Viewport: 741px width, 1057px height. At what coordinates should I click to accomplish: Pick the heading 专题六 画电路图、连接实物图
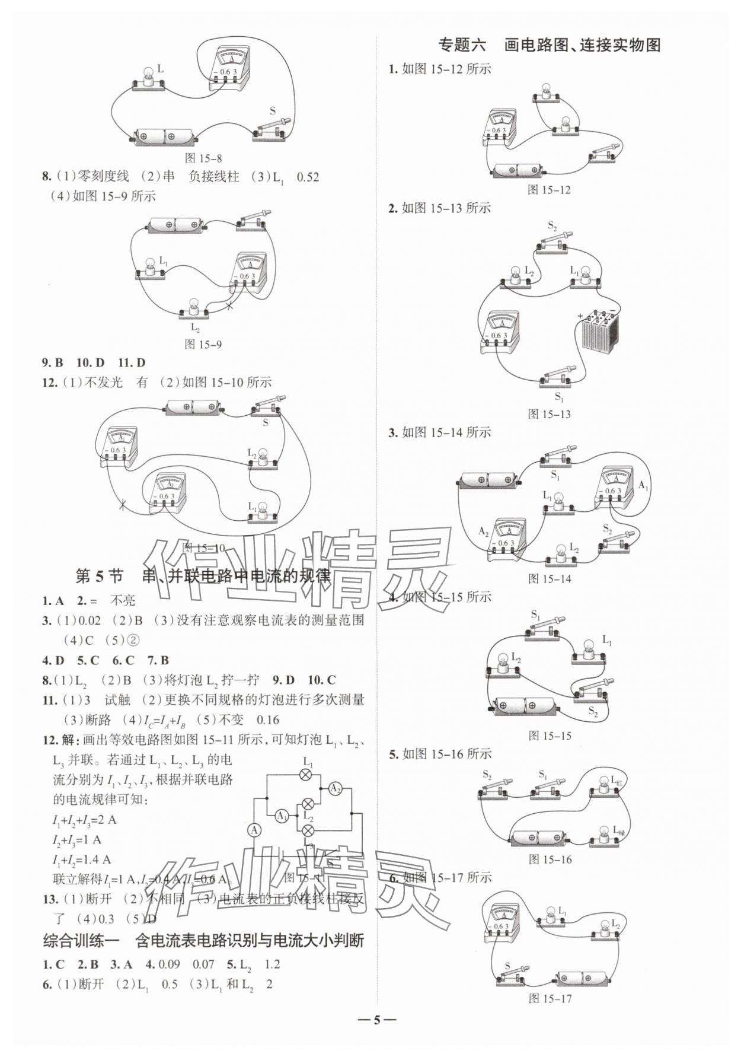(x=549, y=45)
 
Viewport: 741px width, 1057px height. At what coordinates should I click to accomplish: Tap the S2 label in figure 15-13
(x=552, y=225)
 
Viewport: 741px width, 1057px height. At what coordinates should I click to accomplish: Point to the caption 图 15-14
(x=549, y=578)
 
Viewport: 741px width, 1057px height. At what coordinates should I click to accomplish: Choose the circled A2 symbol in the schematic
(x=335, y=788)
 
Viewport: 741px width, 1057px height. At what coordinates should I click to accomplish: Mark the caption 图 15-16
(x=549, y=859)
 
